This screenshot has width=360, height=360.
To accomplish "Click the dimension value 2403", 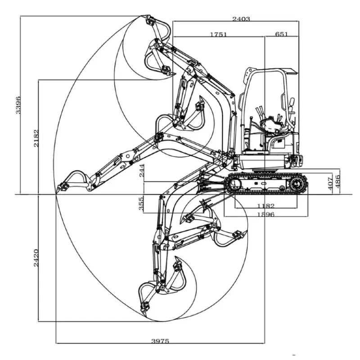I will pyautogui.click(x=241, y=19).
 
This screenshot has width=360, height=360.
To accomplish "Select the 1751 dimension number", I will pyautogui.click(x=218, y=34).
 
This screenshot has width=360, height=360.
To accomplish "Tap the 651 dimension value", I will pyautogui.click(x=281, y=34).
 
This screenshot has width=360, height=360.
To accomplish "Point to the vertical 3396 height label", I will pyautogui.click(x=18, y=105).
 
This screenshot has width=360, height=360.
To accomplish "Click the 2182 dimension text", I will pyautogui.click(x=36, y=139).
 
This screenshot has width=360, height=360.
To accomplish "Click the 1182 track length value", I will pyautogui.click(x=265, y=206).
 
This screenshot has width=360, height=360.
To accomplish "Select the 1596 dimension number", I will pyautogui.click(x=265, y=214).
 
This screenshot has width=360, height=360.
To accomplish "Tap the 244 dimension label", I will pyautogui.click(x=142, y=172).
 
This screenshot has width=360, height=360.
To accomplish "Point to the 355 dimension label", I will pyautogui.click(x=142, y=203).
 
